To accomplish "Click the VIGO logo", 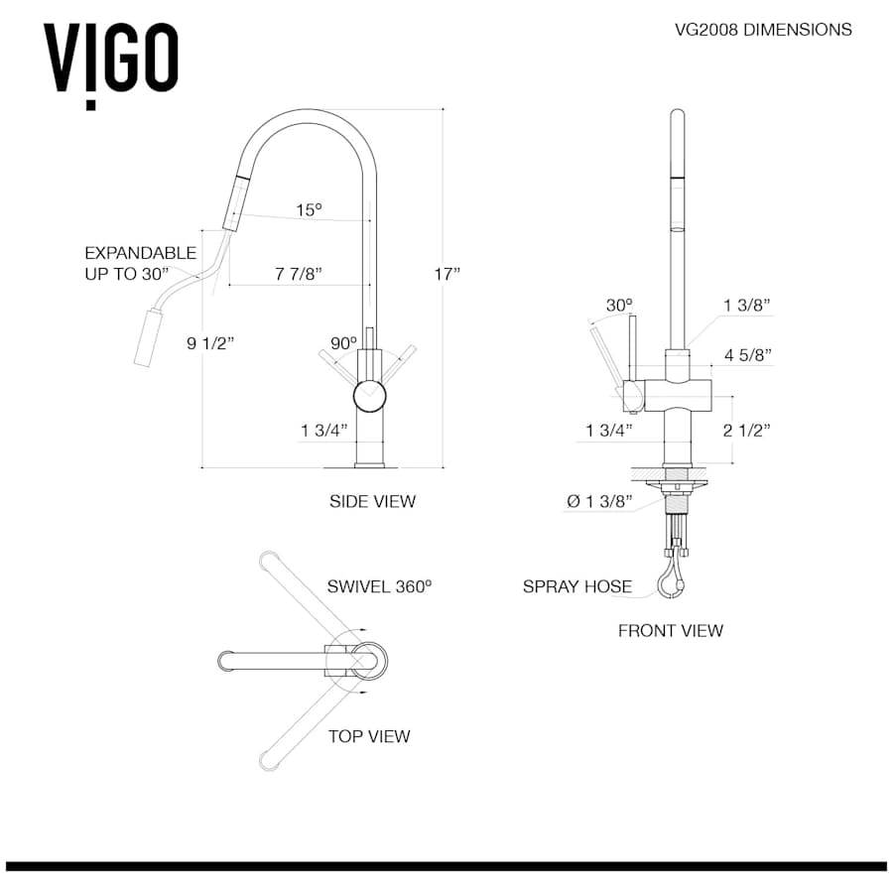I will click(x=110, y=62).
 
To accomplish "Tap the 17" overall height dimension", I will click(x=447, y=274).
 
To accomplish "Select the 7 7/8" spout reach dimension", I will click(x=297, y=273).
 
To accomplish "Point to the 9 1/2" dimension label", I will click(x=209, y=344).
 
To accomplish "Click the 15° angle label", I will click(x=309, y=209).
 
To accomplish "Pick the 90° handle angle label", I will click(x=343, y=343).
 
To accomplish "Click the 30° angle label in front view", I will click(x=619, y=305).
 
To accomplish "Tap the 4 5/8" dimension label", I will click(x=748, y=354).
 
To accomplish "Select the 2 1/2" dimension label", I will click(x=747, y=430).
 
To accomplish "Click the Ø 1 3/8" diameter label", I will click(x=599, y=502).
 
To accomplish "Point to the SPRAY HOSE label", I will click(x=577, y=586).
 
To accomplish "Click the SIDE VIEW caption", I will click(x=372, y=502).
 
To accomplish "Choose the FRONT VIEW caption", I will click(x=671, y=630).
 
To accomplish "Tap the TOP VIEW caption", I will click(x=369, y=736).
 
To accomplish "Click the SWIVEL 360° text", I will click(x=380, y=586).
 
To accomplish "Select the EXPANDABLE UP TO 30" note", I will click(x=127, y=263).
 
